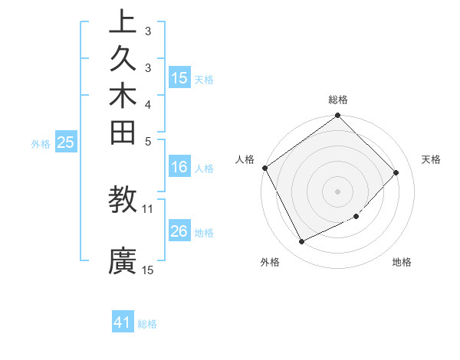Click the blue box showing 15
pyautogui.click(x=179, y=78)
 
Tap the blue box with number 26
pyautogui.click(x=179, y=231)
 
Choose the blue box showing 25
pyautogui.click(x=66, y=142)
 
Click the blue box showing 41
pyautogui.click(x=123, y=322)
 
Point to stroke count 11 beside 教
pyautogui.click(x=148, y=208)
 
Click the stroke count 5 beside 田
pyautogui.click(x=148, y=141)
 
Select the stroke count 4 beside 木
pyautogui.click(x=148, y=104)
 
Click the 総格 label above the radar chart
pyautogui.click(x=338, y=100)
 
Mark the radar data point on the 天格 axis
pyautogui.click(x=396, y=172)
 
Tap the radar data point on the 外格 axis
pyautogui.click(x=301, y=242)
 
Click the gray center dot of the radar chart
pyautogui.click(x=338, y=191)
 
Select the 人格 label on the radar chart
pyautogui.click(x=245, y=159)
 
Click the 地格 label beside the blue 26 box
pyautogui.click(x=204, y=233)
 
